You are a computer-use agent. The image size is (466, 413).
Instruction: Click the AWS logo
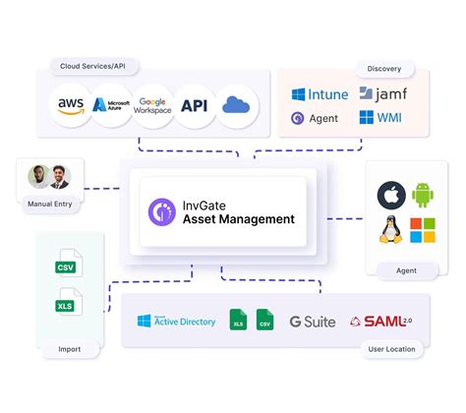(71, 104)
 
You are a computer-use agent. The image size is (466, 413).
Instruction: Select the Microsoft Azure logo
(111, 104)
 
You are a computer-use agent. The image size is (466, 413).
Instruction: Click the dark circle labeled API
(194, 104)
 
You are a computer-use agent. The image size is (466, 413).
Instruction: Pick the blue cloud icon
(237, 104)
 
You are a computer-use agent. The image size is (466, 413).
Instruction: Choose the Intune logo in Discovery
(319, 95)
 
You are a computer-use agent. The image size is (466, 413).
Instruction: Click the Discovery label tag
(383, 69)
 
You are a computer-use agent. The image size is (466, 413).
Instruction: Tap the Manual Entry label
(49, 205)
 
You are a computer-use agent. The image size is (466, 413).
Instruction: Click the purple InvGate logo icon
(161, 211)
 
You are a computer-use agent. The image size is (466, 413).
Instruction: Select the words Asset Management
(238, 219)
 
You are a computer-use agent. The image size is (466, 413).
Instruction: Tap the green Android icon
(424, 195)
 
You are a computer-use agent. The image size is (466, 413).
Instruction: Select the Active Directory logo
(177, 322)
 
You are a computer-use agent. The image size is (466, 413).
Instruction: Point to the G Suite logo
(313, 322)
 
